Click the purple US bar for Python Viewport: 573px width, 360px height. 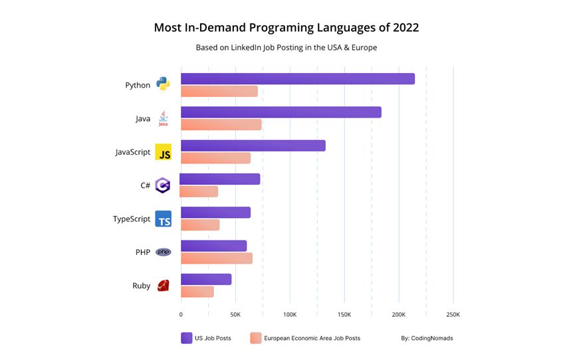click(297, 78)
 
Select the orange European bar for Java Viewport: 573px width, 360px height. click(221, 125)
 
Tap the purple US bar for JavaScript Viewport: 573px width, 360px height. click(253, 145)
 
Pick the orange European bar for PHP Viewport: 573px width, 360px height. click(217, 258)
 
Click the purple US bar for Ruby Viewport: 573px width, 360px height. click(206, 279)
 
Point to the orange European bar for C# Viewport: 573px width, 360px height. click(199, 191)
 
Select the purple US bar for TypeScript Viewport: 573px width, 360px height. click(215, 213)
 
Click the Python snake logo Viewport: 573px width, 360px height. click(163, 84)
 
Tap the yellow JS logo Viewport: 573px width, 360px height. click(163, 152)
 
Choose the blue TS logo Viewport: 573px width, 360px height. click(163, 219)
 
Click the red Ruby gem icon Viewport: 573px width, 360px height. click(163, 286)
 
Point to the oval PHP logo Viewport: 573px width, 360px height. click(163, 252)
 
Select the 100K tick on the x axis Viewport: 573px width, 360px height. click(290, 314)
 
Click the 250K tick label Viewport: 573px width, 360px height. click(453, 314)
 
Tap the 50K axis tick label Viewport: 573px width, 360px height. click(235, 314)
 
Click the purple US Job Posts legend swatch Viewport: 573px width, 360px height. click(187, 338)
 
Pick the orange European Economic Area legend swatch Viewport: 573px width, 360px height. click(256, 338)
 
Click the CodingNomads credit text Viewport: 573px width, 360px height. click(427, 338)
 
